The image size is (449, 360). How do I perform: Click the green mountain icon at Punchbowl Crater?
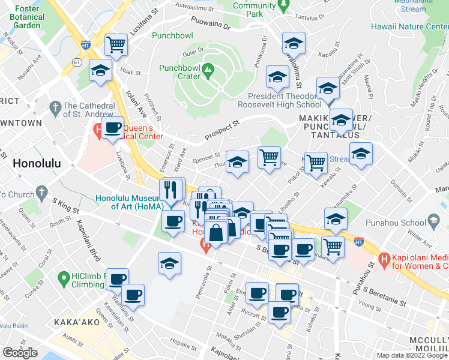click(208, 70)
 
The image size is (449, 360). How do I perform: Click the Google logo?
click(20, 352)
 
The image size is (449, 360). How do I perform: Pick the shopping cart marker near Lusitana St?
click(116, 44)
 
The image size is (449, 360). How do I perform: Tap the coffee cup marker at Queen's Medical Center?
click(113, 128)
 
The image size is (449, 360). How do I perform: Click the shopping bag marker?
click(215, 231)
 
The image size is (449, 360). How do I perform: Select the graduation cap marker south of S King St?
click(170, 263)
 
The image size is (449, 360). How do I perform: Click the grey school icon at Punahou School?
click(433, 221)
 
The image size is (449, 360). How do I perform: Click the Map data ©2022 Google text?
click(412, 355)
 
